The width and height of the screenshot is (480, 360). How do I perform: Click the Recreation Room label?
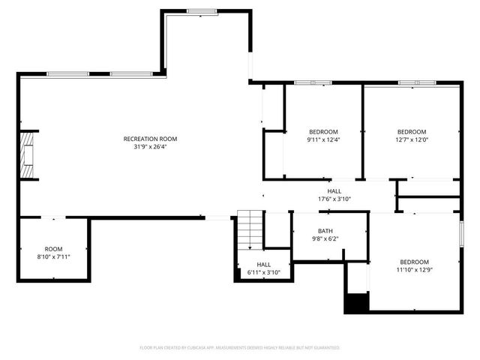(x=151, y=139)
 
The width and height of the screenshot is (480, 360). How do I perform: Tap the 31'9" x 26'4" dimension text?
(x=151, y=147)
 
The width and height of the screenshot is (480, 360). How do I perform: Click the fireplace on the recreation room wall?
(x=29, y=156)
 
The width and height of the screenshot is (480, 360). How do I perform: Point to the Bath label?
(x=325, y=231)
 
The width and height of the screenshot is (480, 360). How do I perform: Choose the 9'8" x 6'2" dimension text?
(x=325, y=239)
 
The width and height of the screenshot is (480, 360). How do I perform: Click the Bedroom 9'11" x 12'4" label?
(x=322, y=131)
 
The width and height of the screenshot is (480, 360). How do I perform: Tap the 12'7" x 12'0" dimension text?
(x=411, y=139)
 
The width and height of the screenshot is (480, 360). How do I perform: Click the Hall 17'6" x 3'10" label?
(x=334, y=191)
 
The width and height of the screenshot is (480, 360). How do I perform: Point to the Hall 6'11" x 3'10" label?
(x=264, y=265)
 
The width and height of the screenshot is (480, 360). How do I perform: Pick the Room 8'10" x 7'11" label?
(x=53, y=249)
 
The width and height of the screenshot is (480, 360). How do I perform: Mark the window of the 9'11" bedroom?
(x=307, y=82)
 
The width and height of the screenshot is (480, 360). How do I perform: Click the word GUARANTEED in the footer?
(x=326, y=348)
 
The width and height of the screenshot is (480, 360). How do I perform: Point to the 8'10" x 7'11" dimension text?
(x=53, y=257)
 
